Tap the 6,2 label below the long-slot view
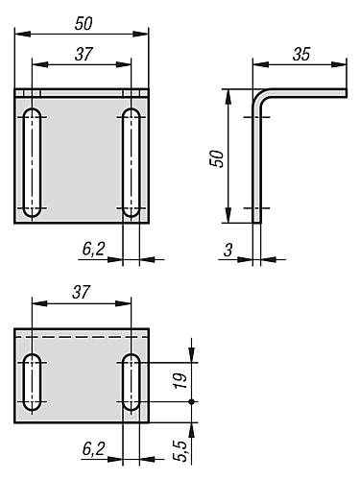[x=92, y=249]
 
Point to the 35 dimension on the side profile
[x=300, y=55]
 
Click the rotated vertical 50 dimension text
[x=217, y=157]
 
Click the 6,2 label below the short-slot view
[x=92, y=448]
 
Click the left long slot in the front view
[x=34, y=163]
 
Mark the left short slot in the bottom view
[x=34, y=382]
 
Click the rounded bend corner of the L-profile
[x=260, y=96]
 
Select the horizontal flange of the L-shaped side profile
[x=307, y=92]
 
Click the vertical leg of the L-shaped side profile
[x=256, y=163]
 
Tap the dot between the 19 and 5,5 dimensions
[x=192, y=401]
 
